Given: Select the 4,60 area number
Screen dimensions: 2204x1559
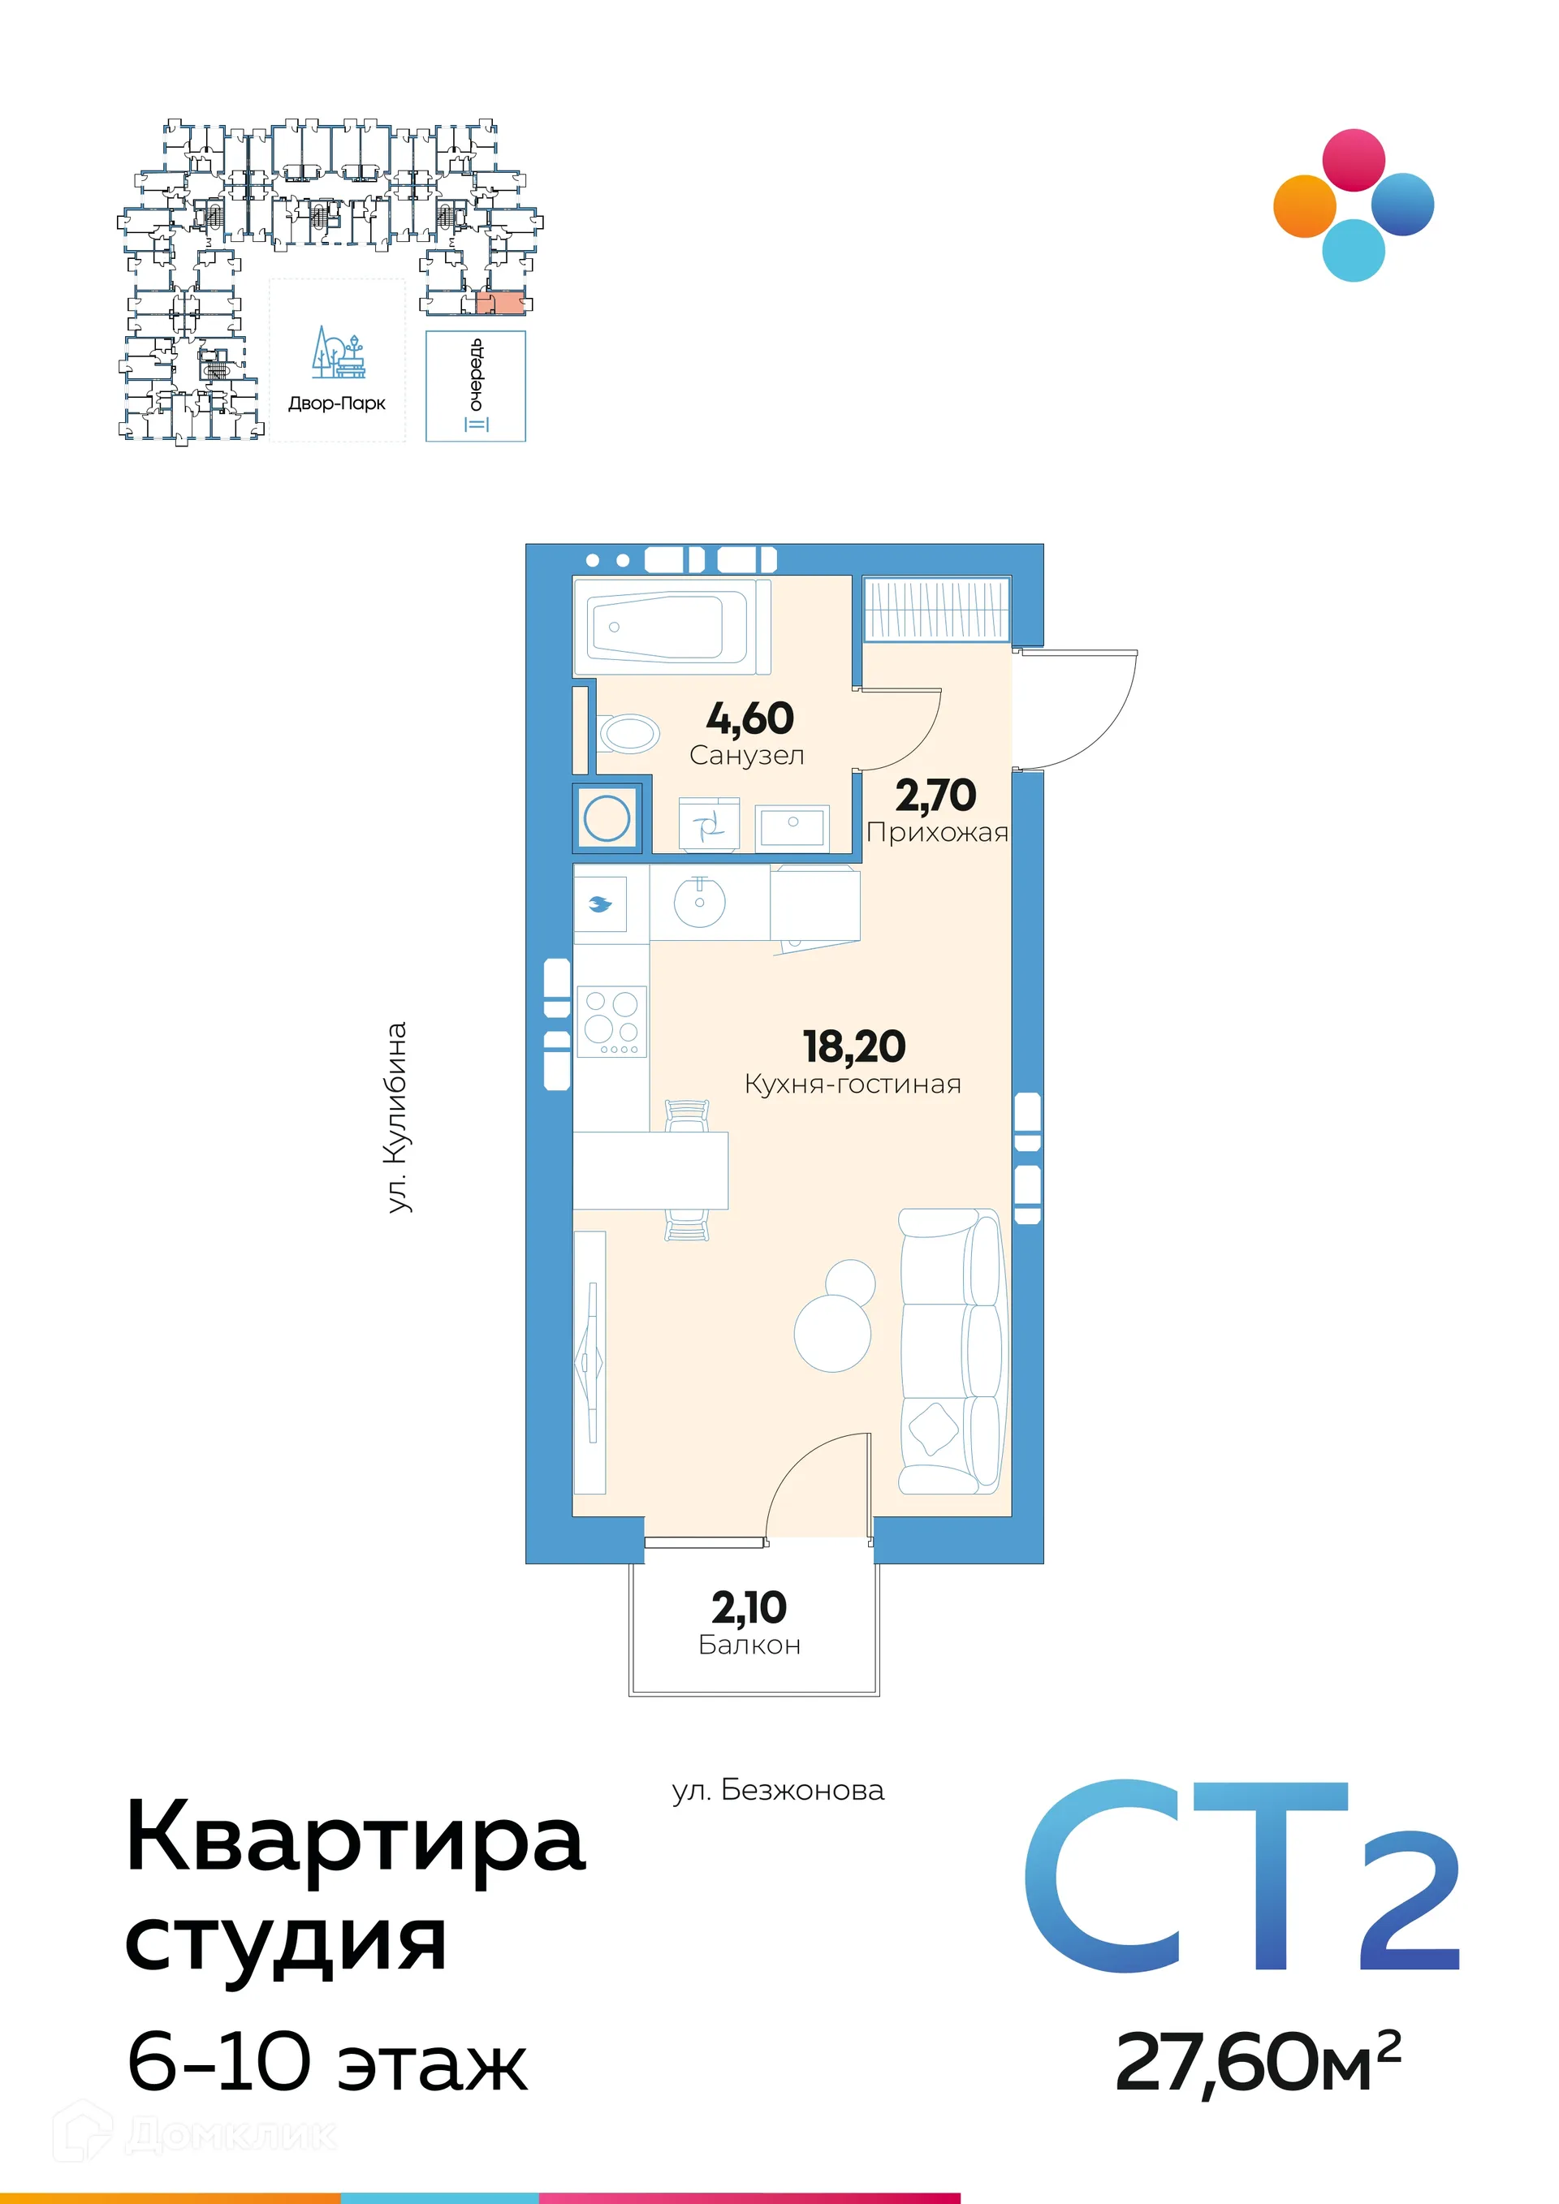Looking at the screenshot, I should click(x=749, y=718).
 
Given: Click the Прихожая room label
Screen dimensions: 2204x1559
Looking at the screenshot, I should click(x=937, y=832).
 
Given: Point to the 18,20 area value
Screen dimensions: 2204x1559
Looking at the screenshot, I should click(x=853, y=1046).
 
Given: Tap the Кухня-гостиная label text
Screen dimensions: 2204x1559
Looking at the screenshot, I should click(x=853, y=1085).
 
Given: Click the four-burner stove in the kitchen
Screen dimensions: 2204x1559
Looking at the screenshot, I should click(x=611, y=1021).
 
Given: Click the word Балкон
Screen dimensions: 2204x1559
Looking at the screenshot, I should click(x=749, y=1645).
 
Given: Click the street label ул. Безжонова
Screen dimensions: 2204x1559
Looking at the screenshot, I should click(x=778, y=1790).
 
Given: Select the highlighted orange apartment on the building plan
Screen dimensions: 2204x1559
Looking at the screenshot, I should click(x=500, y=302).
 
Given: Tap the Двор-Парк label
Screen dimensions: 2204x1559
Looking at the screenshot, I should click(x=337, y=403).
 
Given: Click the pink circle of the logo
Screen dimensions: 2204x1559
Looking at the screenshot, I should click(x=1354, y=160).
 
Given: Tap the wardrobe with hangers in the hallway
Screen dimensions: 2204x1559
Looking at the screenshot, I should click(x=936, y=610).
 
